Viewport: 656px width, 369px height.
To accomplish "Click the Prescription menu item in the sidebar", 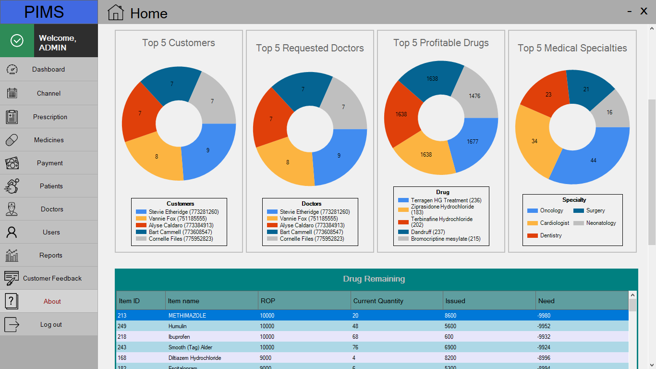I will pyautogui.click(x=50, y=117).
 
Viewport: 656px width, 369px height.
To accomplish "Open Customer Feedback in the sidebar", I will pyautogui.click(x=52, y=278).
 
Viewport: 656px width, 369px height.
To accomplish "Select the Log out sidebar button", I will pyautogui.click(x=51, y=324).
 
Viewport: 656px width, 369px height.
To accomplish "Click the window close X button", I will pyautogui.click(x=644, y=11).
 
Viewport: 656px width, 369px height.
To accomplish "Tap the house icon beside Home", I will pyautogui.click(x=116, y=12).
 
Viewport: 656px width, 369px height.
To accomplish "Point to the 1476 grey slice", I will pyautogui.click(x=474, y=96).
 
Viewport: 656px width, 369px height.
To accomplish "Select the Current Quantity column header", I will pyautogui.click(x=378, y=301).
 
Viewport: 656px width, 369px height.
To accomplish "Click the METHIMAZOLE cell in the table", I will pyautogui.click(x=187, y=316).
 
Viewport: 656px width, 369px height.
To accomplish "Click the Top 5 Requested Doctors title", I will pyautogui.click(x=310, y=48).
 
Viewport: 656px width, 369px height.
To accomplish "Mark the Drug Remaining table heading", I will pyautogui.click(x=374, y=279).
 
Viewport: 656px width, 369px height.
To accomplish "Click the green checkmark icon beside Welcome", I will pyautogui.click(x=17, y=40).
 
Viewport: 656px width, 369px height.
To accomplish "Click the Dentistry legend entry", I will pyautogui.click(x=551, y=235).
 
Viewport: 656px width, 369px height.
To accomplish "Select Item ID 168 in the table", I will pyautogui.click(x=122, y=358).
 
